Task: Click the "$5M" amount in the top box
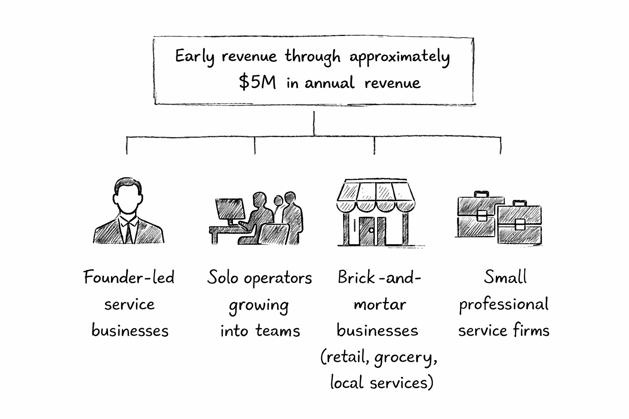257,82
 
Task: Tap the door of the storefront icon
367,231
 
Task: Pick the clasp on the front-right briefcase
520,224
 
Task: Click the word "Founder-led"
129,277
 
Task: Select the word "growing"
259,305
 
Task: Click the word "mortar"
380,304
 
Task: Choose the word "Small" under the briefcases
505,277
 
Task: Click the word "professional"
503,304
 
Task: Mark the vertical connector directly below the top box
314,123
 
